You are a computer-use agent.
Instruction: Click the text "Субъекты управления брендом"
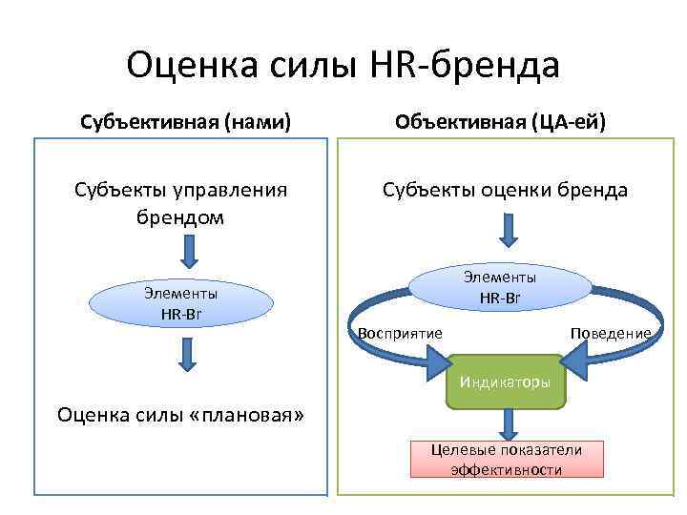[x=180, y=203]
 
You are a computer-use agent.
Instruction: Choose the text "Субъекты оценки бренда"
[x=505, y=190]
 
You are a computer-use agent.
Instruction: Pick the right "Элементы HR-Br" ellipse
[x=500, y=287]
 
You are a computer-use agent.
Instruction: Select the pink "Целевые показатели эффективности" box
[x=506, y=460]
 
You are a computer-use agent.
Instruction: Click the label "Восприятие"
[x=401, y=333]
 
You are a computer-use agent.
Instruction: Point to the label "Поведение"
[x=611, y=333]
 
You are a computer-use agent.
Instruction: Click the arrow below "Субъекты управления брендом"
[x=189, y=253]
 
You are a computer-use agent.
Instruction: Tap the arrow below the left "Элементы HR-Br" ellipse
[x=187, y=353]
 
